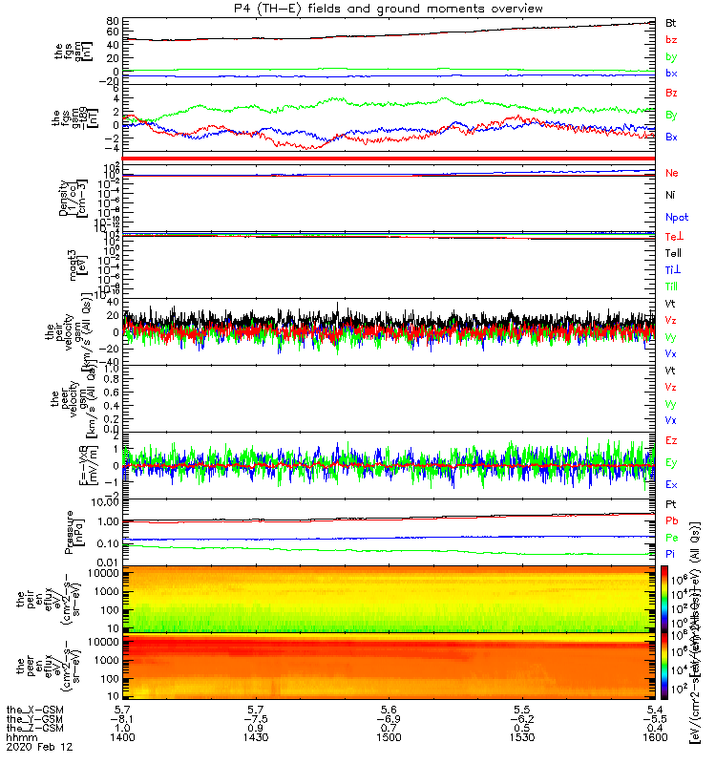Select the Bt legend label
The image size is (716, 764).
(x=671, y=22)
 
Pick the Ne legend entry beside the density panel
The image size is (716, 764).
(x=672, y=174)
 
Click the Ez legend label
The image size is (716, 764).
(x=672, y=440)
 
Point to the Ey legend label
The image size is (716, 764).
(x=672, y=463)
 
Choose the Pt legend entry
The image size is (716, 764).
(x=671, y=504)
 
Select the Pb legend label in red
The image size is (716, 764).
(x=672, y=521)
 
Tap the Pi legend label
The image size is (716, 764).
(x=671, y=555)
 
